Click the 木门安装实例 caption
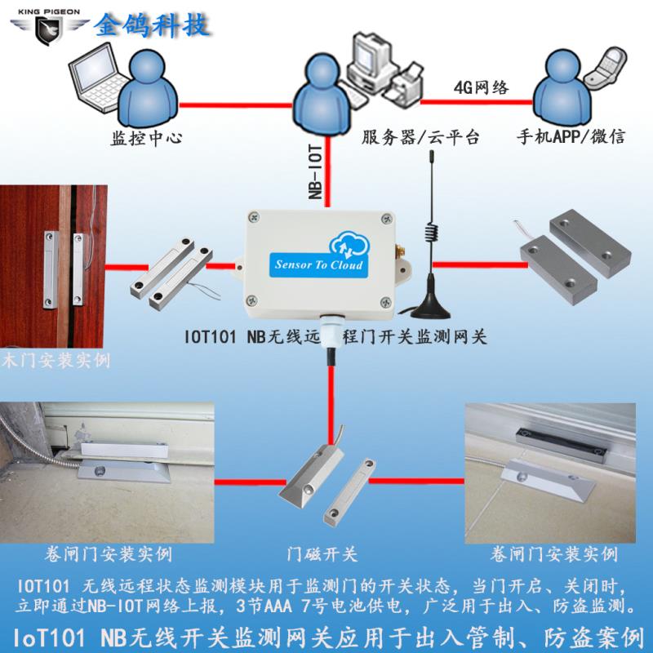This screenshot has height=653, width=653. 56,360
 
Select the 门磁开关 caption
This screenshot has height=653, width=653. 326,555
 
